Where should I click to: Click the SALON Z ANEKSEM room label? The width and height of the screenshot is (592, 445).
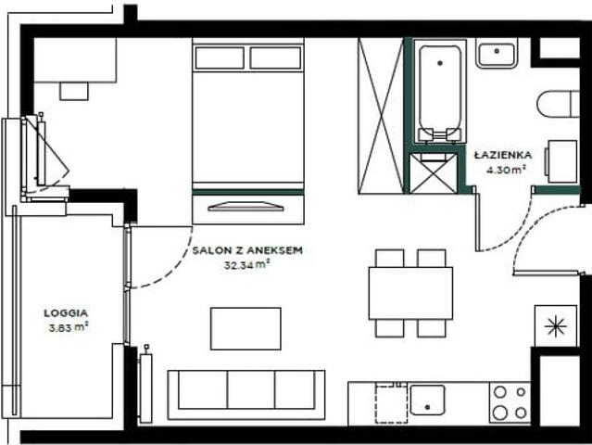tap(247, 250)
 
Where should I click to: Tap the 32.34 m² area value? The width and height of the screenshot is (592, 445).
tap(247, 265)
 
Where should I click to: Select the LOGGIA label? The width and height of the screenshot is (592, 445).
tap(66, 313)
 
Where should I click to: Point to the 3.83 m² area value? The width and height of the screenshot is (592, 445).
tap(69, 327)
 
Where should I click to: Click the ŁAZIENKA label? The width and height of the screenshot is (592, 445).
tap(503, 155)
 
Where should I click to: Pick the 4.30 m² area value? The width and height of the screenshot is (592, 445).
tap(506, 170)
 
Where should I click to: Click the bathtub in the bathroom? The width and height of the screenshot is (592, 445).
tap(440, 91)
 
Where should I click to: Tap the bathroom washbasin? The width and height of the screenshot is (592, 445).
tap(497, 55)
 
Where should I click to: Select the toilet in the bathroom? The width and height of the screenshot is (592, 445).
tap(558, 104)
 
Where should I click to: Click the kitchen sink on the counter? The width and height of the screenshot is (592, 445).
tap(427, 400)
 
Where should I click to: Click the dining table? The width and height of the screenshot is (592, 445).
tap(410, 293)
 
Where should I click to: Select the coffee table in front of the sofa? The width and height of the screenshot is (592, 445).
tap(246, 328)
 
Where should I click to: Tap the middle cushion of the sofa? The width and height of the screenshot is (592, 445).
tap(251, 389)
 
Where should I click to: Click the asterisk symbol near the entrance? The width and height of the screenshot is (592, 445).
tap(556, 326)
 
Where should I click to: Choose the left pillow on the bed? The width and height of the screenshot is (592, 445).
tap(220, 57)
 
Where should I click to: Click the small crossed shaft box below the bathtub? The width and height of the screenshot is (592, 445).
tap(434, 173)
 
